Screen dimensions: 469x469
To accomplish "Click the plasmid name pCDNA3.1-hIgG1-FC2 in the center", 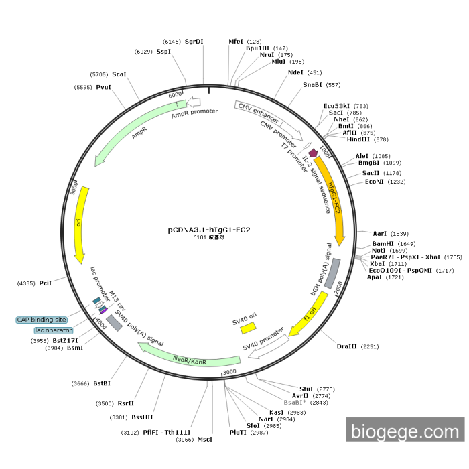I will tap(208, 230).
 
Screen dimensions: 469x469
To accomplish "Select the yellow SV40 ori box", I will tap(249, 327).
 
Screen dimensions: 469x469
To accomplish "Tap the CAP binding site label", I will tap(42, 320).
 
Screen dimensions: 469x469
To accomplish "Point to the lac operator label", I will tap(53, 330).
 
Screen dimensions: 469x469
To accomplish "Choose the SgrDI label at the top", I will tap(194, 41).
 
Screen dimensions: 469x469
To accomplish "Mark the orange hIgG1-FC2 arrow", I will tap(333, 201).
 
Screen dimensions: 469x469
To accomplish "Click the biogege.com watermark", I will tap(404, 431).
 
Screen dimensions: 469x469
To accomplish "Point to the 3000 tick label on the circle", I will tap(230, 371).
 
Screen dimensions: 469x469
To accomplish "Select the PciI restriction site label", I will tap(45, 283).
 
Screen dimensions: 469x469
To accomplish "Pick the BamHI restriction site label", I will tap(384, 244).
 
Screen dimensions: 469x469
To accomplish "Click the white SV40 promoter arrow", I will tap(268, 346).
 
